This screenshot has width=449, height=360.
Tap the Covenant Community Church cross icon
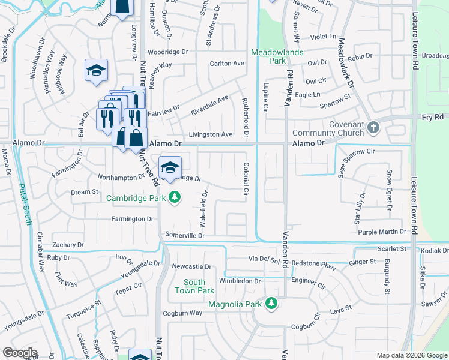coord(373,127)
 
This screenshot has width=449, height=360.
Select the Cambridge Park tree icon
coord(174,197)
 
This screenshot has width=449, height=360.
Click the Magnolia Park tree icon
coord(271,304)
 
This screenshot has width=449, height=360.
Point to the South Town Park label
coord(194,286)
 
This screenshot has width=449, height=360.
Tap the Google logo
coord(20,353)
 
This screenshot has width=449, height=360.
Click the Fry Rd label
coord(432,118)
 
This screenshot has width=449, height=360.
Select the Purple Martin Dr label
coord(383,232)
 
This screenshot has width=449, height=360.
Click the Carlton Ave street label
coord(227,64)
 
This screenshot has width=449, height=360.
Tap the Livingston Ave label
coord(211,134)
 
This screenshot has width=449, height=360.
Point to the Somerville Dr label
coord(185,236)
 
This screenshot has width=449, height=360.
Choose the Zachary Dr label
coord(68,245)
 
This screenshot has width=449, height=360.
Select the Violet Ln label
coord(324,36)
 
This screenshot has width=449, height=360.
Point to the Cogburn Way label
coord(184,313)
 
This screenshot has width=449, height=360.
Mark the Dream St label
coord(85,192)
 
